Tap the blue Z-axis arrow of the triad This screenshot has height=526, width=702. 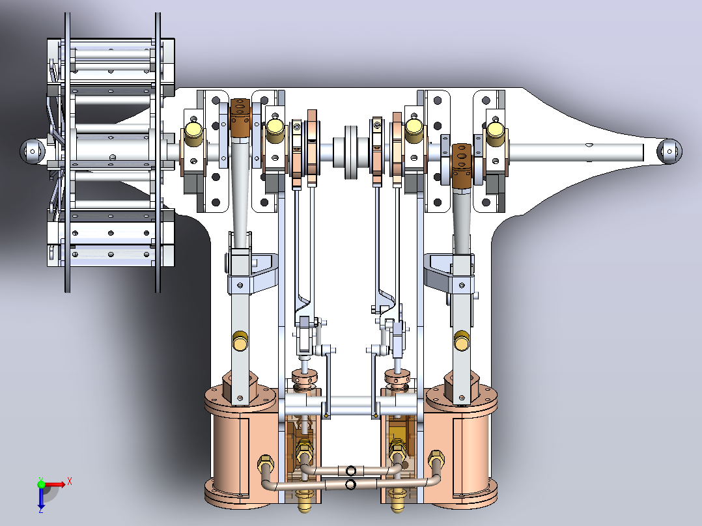tap(41, 497)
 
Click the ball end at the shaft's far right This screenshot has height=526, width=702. tap(669, 151)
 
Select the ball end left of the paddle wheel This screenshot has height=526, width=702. tap(33, 151)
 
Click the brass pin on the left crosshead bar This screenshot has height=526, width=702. tap(240, 340)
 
